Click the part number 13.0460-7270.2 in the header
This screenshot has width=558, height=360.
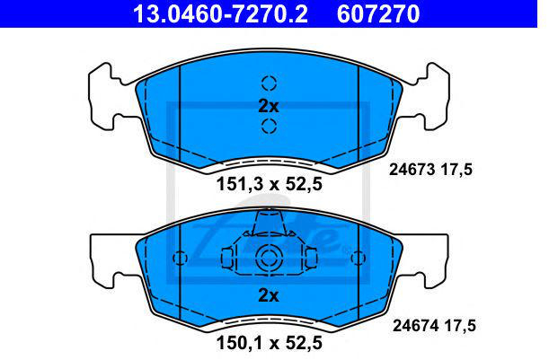[x=220, y=14]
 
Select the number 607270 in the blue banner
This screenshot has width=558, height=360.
[x=378, y=14]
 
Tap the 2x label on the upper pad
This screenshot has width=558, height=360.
[x=269, y=106]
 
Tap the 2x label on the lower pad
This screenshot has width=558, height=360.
[x=269, y=295]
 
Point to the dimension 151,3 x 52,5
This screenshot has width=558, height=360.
[x=270, y=184]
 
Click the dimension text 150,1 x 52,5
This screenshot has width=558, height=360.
[x=270, y=343]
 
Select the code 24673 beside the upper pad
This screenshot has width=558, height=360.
[x=412, y=170]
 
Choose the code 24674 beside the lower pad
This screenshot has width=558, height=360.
[x=416, y=326]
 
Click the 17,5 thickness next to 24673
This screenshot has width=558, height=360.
[x=457, y=170]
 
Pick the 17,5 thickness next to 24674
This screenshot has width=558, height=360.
[x=460, y=326]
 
